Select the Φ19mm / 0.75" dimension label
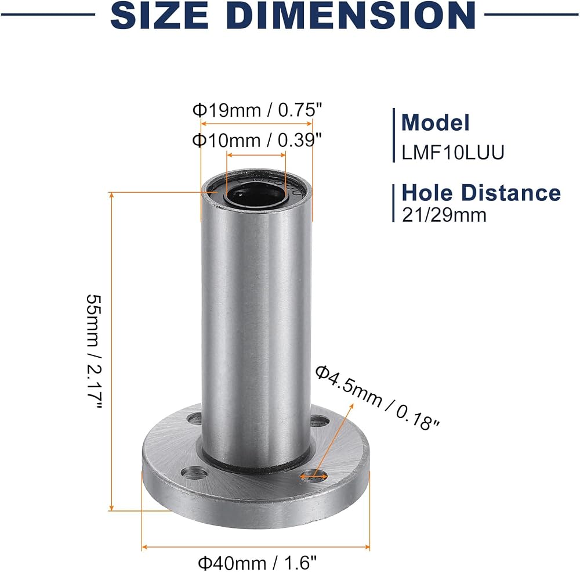coord(258,110)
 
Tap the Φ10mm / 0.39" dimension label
coord(257,140)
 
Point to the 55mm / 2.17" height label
coord(94,351)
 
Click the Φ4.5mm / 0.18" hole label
coord(377,398)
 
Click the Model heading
coord(436,123)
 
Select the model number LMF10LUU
coord(453,152)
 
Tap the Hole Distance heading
coord(481,193)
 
